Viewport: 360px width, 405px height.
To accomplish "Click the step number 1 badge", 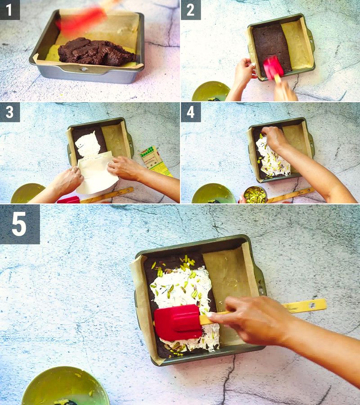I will pos(9,9).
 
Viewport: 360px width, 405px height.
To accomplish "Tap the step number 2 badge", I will pos(190,9).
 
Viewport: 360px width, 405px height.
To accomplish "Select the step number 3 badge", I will pos(9,112).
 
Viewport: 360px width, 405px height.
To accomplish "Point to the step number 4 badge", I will pos(190,112).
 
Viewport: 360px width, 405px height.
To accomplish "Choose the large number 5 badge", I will pos(19,224).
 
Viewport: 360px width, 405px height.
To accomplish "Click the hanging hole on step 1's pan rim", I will pos(83,69).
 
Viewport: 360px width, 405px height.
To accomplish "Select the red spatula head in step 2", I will pos(273,67).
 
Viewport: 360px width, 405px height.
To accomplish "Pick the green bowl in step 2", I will pos(211,92).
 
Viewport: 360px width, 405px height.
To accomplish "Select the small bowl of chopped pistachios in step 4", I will pos(255,195).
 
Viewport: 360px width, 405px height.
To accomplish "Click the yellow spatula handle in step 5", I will pos(306,306).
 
